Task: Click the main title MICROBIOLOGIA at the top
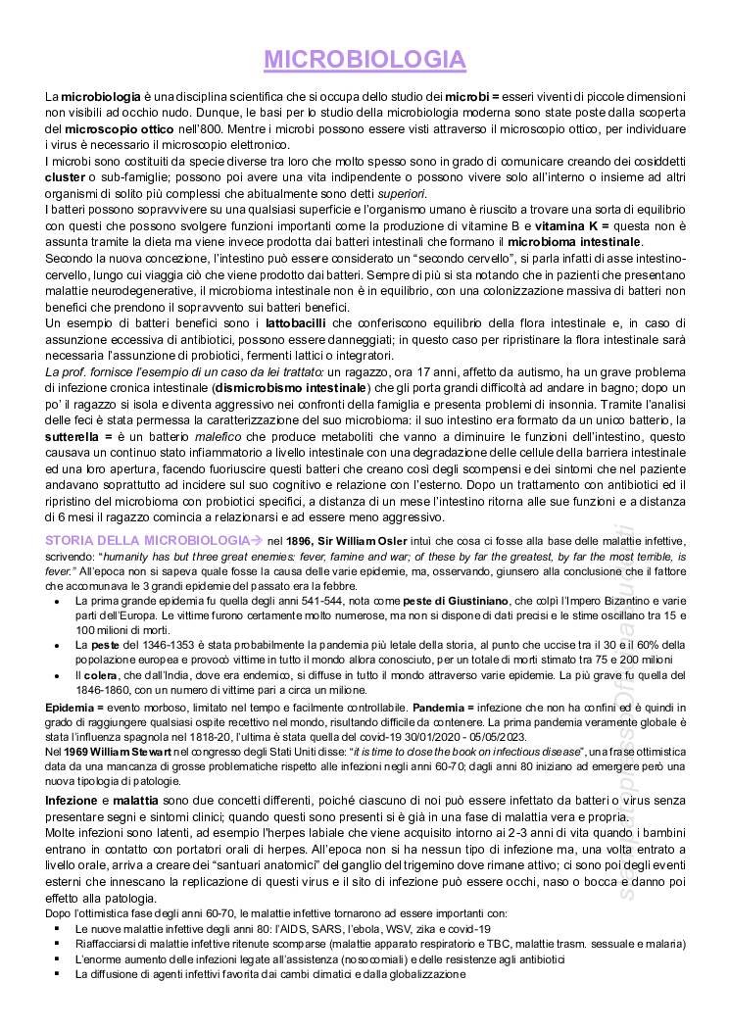point(364,60)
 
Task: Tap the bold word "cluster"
point(65,177)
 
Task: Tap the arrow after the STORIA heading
point(258,540)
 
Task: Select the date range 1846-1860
point(100,689)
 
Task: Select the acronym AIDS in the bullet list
point(290,928)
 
